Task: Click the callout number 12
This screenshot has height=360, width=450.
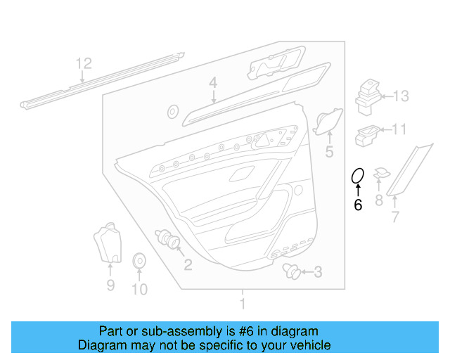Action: click(84, 64)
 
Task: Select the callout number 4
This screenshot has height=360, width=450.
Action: click(212, 84)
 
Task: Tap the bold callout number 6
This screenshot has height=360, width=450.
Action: click(357, 205)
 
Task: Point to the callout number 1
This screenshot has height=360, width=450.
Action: click(243, 304)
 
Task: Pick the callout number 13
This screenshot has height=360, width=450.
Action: click(400, 96)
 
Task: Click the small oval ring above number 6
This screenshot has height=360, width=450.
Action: click(357, 175)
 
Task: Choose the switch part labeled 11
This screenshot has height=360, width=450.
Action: click(368, 131)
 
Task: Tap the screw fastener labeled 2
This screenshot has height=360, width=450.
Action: click(168, 240)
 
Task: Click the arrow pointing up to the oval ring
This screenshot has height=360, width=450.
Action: click(357, 190)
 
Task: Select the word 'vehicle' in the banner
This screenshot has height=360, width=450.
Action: click(310, 345)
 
